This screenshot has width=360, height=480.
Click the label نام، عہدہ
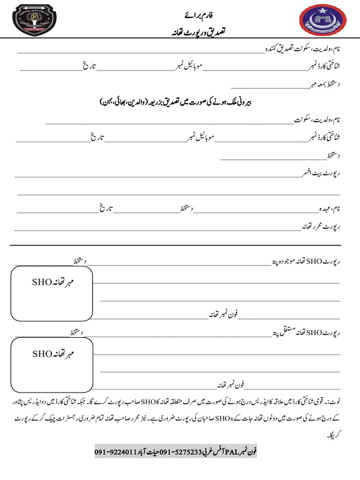tap(329, 208)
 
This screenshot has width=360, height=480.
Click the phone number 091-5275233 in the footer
tap(180, 452)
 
